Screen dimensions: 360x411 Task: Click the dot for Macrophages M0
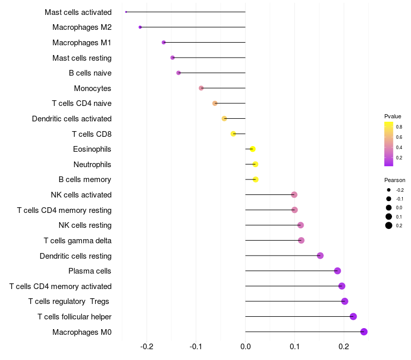point(364,332)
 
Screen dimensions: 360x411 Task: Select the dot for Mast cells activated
point(126,12)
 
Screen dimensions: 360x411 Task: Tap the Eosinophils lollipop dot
point(252,149)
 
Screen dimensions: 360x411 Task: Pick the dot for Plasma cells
point(338,271)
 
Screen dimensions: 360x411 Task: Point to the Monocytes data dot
point(201,88)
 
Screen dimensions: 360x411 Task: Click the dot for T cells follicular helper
point(353,316)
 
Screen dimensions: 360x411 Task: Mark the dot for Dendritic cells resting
point(320,256)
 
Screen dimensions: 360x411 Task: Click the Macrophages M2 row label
point(82,27)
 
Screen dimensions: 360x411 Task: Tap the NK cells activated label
point(81,195)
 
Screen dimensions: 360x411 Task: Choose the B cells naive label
point(90,73)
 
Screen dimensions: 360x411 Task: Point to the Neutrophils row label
point(92,165)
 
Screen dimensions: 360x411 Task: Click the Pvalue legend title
point(393,116)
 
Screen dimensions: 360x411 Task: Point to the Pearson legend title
point(395,181)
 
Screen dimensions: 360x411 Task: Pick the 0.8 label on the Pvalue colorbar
point(399,127)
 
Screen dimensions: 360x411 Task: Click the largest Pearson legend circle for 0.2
point(389,225)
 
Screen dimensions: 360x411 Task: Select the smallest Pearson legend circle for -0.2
point(389,190)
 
